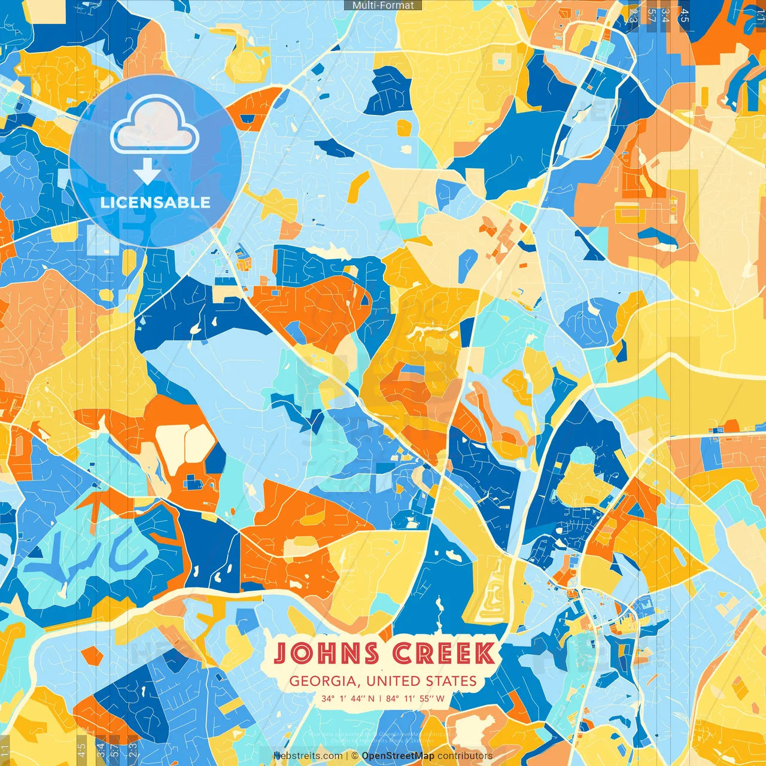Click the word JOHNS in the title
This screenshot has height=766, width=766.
327,653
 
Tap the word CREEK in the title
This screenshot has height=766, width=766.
443,653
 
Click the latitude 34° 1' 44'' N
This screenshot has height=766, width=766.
348,698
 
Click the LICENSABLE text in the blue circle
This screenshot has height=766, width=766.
156,202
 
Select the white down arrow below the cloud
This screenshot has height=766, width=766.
147,171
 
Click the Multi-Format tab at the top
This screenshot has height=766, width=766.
383,5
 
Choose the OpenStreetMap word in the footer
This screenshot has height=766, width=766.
398,756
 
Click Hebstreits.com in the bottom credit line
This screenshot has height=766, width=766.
308,756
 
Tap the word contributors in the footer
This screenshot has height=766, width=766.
465,756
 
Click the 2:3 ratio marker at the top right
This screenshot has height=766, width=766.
633,16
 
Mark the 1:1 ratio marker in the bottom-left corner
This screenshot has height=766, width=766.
5,750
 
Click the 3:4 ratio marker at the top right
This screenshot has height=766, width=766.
665,16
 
